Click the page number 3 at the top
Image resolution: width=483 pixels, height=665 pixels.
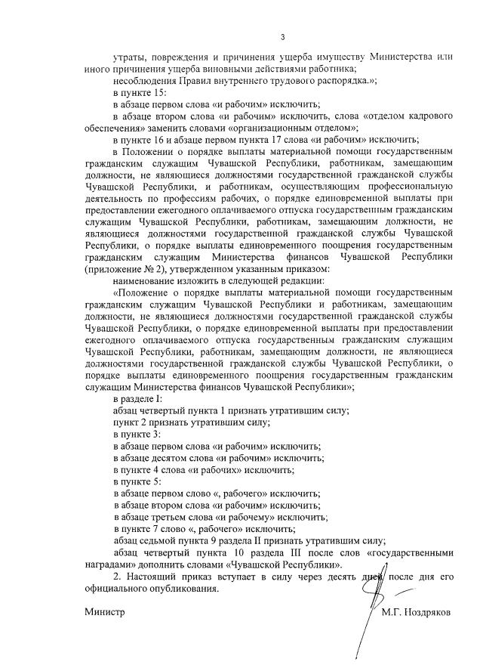click(282, 37)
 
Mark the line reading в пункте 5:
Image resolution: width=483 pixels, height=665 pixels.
click(136, 481)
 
